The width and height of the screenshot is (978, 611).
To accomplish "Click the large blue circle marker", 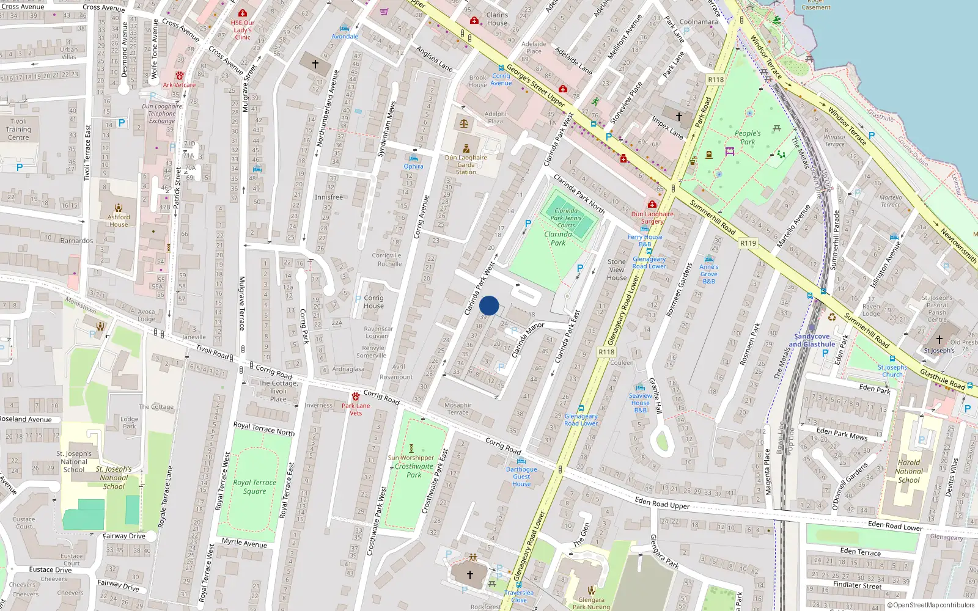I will pos(489,305).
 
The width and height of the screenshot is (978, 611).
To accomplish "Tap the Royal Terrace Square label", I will pos(254,486).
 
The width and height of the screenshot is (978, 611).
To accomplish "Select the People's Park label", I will pos(748,137).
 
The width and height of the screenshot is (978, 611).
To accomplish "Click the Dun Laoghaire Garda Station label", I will pos(466,164).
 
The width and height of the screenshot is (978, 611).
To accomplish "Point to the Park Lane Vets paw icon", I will pos(356,396).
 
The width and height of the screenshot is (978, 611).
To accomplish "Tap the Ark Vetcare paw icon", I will pos(180,76).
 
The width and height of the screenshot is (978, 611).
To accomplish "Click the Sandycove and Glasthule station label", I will pos(812,340).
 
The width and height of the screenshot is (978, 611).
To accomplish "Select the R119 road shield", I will pos(748,243).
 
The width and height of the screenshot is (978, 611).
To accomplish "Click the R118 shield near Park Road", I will pos(716,79).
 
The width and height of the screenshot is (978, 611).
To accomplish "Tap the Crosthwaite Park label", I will pos(414,470).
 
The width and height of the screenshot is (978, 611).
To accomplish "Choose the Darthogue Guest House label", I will pos(521,477).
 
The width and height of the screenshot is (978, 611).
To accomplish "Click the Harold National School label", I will pos(909,471).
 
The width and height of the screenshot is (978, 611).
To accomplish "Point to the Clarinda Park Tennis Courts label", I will pos(566,218).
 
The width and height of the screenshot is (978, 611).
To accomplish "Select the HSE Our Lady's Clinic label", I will pos(243,30).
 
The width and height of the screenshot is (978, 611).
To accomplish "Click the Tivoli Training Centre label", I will pos(18,130).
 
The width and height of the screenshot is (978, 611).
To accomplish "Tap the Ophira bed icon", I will pos(414,158).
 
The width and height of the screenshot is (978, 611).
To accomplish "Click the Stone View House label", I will pos(617,269).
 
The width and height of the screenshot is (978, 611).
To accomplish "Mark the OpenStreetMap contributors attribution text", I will pos(933,605).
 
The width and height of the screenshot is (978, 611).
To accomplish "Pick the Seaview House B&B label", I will pos(640,403).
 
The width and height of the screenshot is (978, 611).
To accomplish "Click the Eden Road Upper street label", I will pos(662,503).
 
